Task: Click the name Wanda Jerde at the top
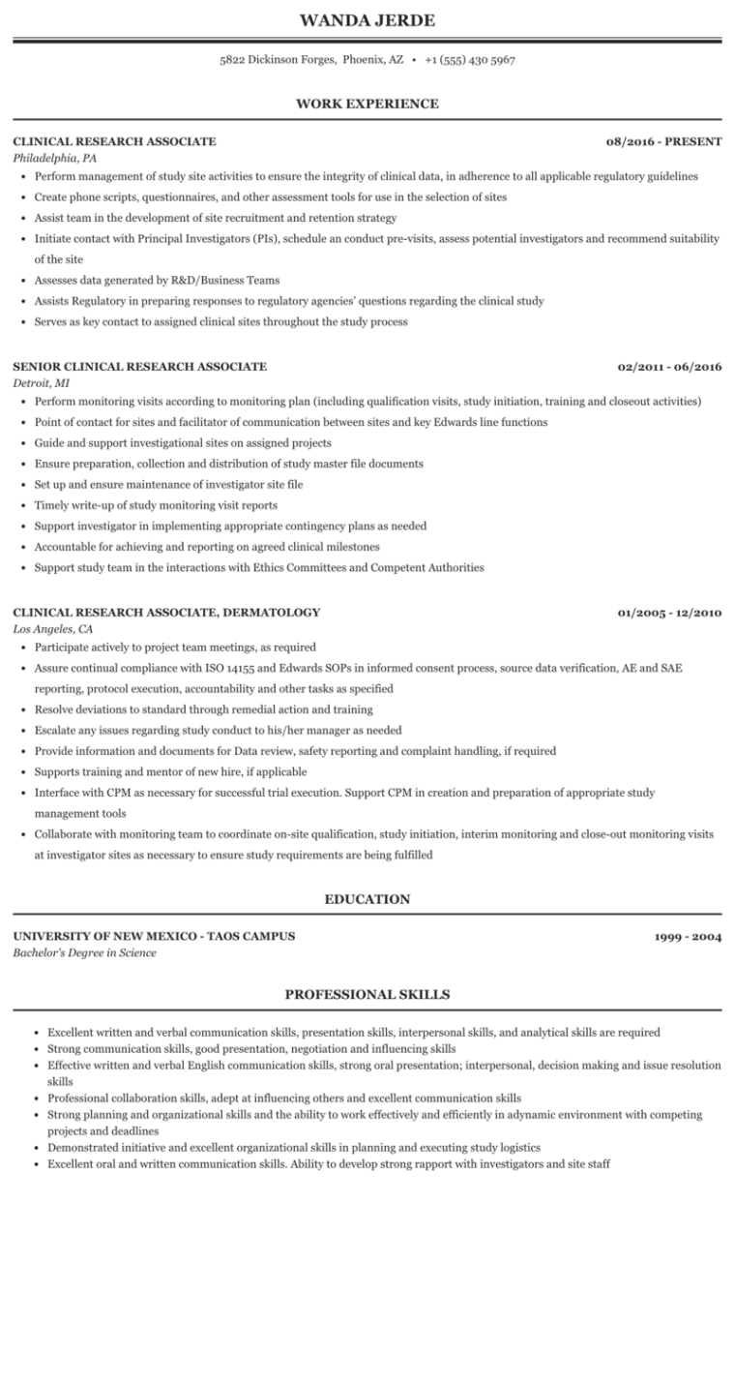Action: pyautogui.click(x=367, y=20)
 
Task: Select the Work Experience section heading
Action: pyautogui.click(x=367, y=104)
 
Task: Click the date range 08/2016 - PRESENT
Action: pyautogui.click(x=663, y=141)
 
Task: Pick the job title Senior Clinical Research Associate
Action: pyautogui.click(x=140, y=367)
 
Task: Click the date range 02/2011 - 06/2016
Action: pyautogui.click(x=669, y=367)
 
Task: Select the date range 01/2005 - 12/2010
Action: pyautogui.click(x=669, y=613)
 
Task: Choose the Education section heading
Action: pyautogui.click(x=367, y=899)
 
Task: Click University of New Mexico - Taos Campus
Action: pyautogui.click(x=155, y=936)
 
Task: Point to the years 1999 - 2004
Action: pyautogui.click(x=688, y=937)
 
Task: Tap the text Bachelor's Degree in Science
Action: pyautogui.click(x=85, y=952)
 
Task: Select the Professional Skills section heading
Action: pyautogui.click(x=367, y=994)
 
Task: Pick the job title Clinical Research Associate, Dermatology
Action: pyautogui.click(x=166, y=613)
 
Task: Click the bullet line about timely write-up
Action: pyautogui.click(x=156, y=505)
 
